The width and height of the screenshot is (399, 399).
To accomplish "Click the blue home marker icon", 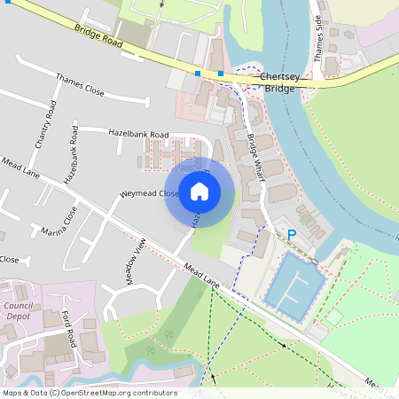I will pos(199,191).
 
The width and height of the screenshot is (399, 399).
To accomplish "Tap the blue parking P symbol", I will pos(291,235).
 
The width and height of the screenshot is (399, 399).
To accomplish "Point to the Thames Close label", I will pos(80,85).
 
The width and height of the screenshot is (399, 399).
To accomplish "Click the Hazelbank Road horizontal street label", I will pos(138,133).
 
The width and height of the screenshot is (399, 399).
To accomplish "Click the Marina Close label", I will pos(59,223).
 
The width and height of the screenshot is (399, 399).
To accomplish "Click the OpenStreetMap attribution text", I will pos(89,393).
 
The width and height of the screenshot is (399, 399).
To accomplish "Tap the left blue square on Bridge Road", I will pos(198,73).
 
